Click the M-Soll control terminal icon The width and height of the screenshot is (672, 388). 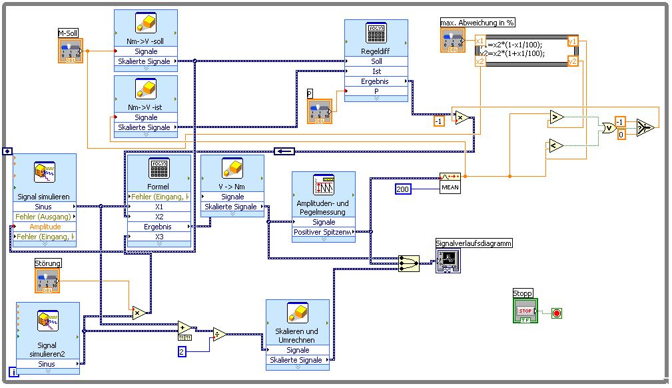[71, 51]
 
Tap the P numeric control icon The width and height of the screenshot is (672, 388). [320, 111]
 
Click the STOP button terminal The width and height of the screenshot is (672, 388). [525, 311]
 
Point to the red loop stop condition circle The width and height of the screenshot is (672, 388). [557, 312]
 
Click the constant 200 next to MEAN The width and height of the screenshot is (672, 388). [404, 189]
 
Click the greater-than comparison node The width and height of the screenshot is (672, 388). [556, 117]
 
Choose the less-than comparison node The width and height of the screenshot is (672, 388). [556, 145]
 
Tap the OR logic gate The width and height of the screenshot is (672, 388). [607, 127]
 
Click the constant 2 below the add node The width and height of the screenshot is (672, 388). [181, 351]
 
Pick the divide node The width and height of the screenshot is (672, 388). [219, 334]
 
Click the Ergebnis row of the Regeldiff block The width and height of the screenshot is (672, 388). [376, 81]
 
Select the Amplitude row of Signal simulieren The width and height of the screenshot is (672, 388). [45, 227]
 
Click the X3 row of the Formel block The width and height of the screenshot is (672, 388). [159, 237]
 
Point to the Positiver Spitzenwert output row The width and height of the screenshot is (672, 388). [324, 232]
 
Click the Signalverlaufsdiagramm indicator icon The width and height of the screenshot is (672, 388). [448, 261]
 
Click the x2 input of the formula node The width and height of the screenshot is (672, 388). [480, 61]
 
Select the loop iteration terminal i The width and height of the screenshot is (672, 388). [13, 372]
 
